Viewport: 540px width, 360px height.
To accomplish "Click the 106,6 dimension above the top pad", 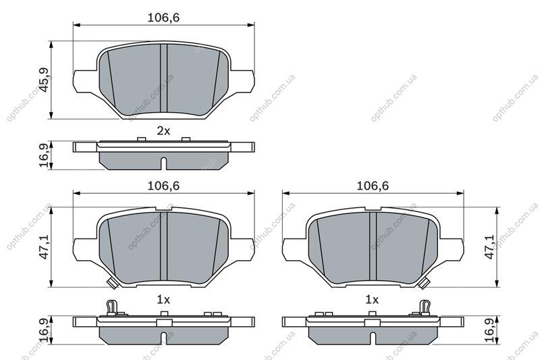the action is point(163,18).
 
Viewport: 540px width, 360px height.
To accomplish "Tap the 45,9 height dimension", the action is point(44,80).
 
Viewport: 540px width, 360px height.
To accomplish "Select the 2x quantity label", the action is point(163,131).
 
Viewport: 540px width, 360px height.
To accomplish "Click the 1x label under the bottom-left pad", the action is point(163,300).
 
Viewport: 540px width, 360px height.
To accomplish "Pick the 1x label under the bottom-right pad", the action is point(372,300).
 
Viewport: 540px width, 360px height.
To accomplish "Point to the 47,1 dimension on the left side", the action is point(44,247).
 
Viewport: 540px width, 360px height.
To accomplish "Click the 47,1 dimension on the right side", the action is point(489,247).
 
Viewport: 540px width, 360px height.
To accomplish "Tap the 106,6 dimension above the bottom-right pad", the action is point(373,186).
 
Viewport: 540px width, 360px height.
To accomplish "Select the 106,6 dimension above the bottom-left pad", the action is point(163,186).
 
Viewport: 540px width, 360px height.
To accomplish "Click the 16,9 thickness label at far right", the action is point(489,330).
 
